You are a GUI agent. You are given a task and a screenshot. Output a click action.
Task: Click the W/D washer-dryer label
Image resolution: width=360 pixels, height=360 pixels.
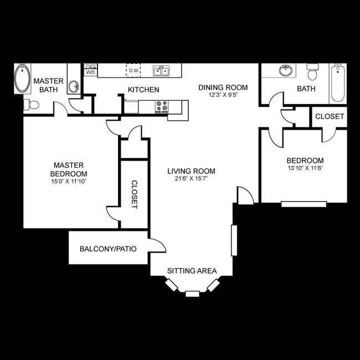[x=90, y=72]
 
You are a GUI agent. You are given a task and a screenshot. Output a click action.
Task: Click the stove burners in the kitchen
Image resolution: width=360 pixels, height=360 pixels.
[x=162, y=106]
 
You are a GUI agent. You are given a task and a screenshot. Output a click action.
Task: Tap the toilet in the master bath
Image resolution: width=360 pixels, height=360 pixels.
[x=32, y=105]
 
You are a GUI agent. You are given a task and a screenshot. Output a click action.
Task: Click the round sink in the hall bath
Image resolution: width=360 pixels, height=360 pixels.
[x=286, y=71]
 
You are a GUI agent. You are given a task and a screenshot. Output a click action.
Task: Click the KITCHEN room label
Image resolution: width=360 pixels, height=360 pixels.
[x=143, y=90]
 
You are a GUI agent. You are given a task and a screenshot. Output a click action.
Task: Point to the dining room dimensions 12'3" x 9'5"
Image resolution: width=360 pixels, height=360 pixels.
[x=223, y=95]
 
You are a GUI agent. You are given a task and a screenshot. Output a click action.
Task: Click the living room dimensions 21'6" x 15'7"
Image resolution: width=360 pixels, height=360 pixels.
[x=191, y=179]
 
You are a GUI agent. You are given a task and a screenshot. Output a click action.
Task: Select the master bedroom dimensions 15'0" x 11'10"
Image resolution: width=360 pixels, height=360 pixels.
[x=68, y=181]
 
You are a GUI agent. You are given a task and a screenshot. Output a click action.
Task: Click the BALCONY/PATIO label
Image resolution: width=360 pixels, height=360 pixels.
[x=108, y=249]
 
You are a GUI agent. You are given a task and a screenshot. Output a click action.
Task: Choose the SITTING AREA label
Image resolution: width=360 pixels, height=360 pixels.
[x=192, y=271]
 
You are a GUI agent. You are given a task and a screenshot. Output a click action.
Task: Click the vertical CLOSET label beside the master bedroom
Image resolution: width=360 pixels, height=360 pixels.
[x=134, y=194]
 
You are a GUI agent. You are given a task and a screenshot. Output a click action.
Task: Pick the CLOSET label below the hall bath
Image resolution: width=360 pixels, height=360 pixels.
[x=330, y=117]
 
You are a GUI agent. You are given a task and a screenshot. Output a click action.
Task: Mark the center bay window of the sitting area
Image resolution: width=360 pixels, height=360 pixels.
[x=192, y=293]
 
